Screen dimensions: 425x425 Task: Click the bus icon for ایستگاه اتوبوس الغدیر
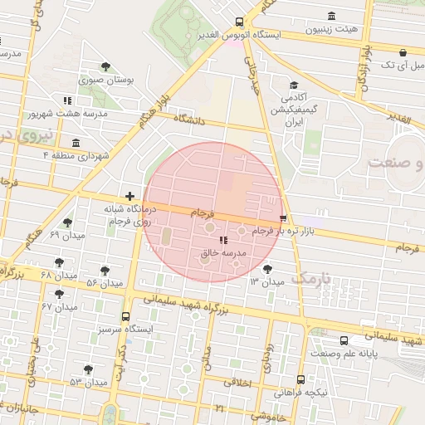[239, 22]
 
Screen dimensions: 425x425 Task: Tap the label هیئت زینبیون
[332, 28]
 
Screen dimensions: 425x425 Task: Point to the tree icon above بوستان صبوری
[104, 67]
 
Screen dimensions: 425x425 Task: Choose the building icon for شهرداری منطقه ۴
[76, 142]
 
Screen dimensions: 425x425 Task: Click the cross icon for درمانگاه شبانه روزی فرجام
[129, 196]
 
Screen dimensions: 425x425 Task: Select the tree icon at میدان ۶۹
[67, 222]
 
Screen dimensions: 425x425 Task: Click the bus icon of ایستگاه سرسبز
[125, 316]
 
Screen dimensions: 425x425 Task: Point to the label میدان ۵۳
[89, 383]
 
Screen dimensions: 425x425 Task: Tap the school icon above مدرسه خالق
[222, 240]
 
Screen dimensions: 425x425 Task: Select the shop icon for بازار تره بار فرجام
[285, 217]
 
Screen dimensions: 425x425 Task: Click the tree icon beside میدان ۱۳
[267, 269]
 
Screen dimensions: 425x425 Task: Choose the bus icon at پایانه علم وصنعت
[344, 340]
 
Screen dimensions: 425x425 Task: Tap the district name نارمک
[312, 278]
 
